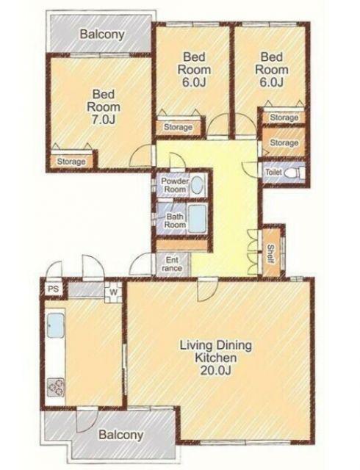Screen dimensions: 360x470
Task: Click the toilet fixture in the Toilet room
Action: point(295,173)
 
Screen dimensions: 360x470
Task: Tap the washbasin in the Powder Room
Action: point(197,185)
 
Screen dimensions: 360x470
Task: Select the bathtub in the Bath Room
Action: point(197,219)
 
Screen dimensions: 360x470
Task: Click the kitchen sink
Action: point(56,325)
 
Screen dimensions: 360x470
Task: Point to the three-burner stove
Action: point(56,387)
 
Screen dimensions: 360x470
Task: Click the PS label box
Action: point(53,289)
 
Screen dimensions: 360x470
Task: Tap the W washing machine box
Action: point(113,292)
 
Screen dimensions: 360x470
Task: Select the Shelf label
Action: point(270,254)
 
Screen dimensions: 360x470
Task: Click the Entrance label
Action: point(172,264)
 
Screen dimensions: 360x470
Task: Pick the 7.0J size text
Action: point(104,120)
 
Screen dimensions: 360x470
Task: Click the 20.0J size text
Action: point(216,370)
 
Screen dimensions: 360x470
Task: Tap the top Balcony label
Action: point(102,35)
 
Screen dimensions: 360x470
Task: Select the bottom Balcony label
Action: point(121,435)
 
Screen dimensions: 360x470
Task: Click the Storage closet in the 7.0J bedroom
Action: point(71,162)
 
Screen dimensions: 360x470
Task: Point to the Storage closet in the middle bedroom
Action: point(179,127)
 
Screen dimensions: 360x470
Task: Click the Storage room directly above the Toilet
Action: point(284,142)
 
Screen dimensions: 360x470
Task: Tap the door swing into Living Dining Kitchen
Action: point(208,290)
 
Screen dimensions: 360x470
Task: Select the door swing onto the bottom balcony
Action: point(87,419)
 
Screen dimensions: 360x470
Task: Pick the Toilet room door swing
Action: point(251,170)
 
